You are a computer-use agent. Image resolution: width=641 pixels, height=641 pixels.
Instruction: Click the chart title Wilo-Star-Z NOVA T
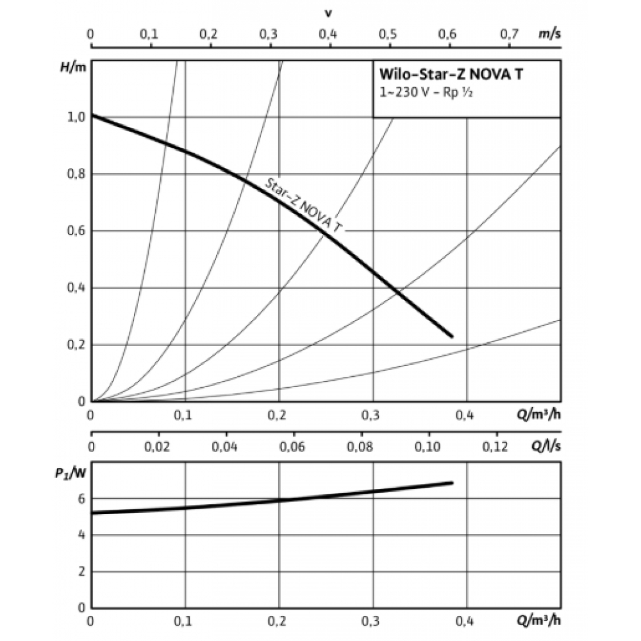(452, 74)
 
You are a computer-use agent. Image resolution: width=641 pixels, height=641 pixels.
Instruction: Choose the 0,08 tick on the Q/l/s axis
(360, 444)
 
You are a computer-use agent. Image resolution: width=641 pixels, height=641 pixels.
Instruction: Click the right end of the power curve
(452, 483)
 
